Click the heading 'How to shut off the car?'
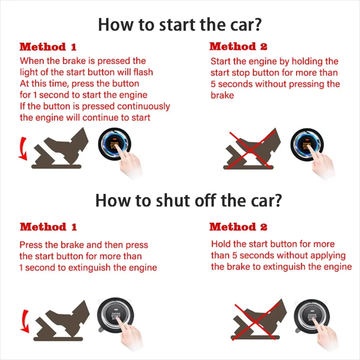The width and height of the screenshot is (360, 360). coord(188,201)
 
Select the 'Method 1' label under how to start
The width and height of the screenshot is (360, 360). coord(48,47)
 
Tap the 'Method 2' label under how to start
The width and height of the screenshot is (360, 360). coord(238,46)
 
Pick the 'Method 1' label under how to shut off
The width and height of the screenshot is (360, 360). coord(48,227)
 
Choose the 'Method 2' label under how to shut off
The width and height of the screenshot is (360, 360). coord(238,227)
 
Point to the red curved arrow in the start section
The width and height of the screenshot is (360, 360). coord(22,148)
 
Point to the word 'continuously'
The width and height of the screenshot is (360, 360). coord(143,107)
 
